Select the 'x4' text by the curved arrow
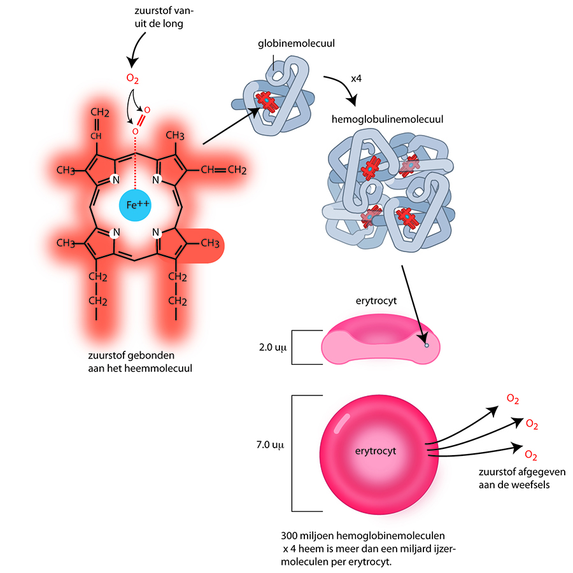357,79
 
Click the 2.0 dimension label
269,347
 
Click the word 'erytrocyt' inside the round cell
376,451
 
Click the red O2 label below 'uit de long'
132,80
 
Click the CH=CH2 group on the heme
223,170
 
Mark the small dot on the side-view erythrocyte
427,345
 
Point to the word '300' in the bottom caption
288,535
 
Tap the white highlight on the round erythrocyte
341,421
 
